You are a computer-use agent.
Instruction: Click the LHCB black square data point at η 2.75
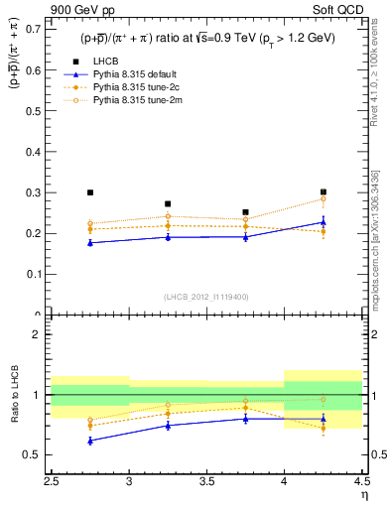click(90, 192)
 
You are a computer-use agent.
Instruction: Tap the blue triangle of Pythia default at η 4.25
click(323, 222)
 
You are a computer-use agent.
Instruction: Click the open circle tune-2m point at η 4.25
click(323, 199)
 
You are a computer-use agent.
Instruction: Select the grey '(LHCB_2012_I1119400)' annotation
click(206, 298)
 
